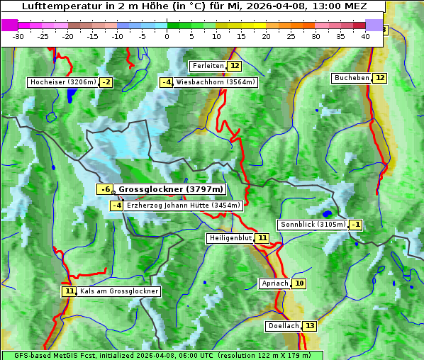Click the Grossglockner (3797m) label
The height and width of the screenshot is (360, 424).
(171, 189)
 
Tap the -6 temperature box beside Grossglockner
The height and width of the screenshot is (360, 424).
(104, 189)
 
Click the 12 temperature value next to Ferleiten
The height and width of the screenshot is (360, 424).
(234, 66)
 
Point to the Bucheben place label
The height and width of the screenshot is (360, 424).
(352, 78)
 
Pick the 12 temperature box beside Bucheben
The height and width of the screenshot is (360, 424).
(380, 78)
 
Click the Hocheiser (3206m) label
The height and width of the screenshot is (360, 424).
(62, 82)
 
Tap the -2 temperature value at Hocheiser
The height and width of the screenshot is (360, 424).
(106, 82)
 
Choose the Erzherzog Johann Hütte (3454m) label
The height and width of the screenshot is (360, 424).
(184, 206)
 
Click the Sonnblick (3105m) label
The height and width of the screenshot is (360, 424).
(313, 225)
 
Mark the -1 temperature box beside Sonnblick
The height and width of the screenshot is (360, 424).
(356, 225)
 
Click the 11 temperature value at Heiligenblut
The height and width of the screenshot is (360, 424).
(262, 238)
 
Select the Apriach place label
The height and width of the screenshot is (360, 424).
(274, 283)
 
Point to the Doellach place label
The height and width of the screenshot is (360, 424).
(283, 326)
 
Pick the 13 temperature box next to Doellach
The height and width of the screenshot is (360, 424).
(310, 326)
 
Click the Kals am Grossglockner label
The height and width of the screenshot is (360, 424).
(119, 291)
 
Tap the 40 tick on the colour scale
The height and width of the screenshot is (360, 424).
(365, 36)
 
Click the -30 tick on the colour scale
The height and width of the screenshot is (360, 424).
(18, 36)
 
